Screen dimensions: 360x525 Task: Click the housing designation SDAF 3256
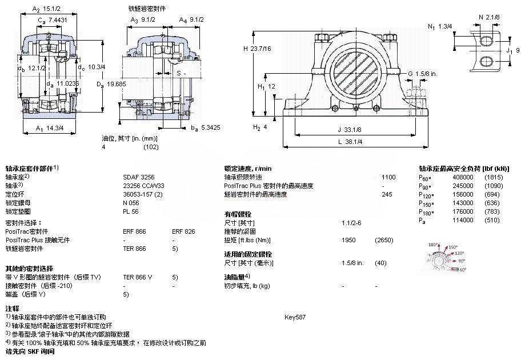(x=135, y=177)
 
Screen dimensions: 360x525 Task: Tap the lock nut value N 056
(x=131, y=203)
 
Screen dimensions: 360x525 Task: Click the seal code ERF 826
(x=183, y=232)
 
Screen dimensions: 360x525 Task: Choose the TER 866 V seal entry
(x=138, y=277)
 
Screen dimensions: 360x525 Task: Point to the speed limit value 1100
(x=388, y=177)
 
